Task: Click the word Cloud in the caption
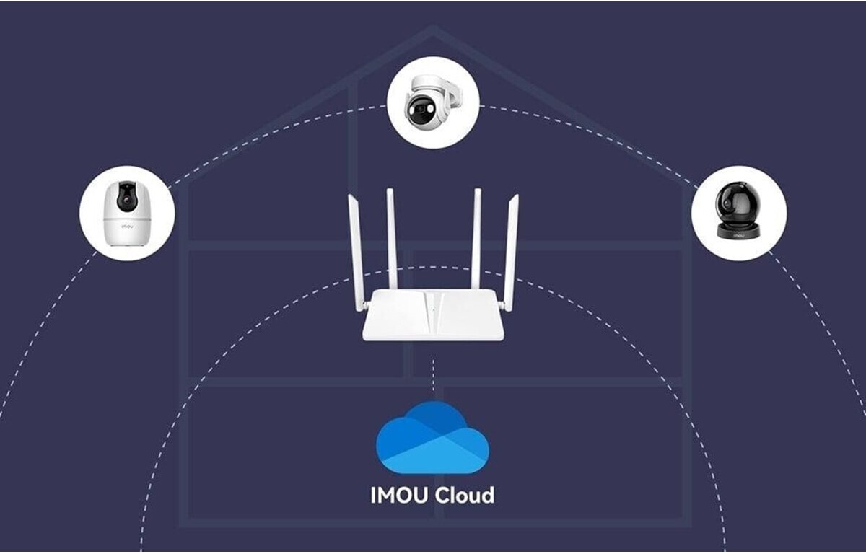coord(464,495)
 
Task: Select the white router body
coord(433,315)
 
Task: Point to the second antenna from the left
coord(393,239)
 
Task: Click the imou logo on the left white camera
coord(127,227)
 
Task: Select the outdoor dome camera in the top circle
coord(432,102)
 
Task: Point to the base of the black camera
coord(738,231)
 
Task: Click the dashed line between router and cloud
coord(433,377)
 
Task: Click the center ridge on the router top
coord(432,312)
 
